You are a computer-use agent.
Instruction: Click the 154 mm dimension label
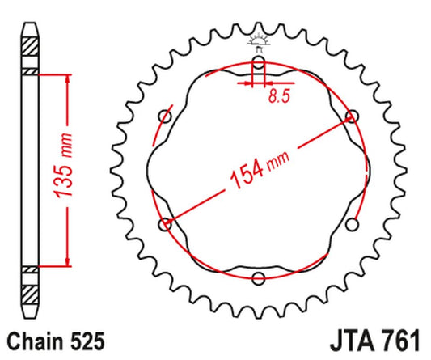[260, 171]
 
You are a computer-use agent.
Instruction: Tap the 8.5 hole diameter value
[279, 96]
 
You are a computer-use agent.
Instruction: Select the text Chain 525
[56, 341]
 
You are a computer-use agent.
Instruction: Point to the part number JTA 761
[375, 341]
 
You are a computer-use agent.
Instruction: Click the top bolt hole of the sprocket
[259, 62]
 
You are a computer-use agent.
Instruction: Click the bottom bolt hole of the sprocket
[259, 278]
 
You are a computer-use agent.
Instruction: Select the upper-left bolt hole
[165, 116]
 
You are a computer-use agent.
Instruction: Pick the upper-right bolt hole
[352, 116]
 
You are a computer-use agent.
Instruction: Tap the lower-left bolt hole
[165, 224]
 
